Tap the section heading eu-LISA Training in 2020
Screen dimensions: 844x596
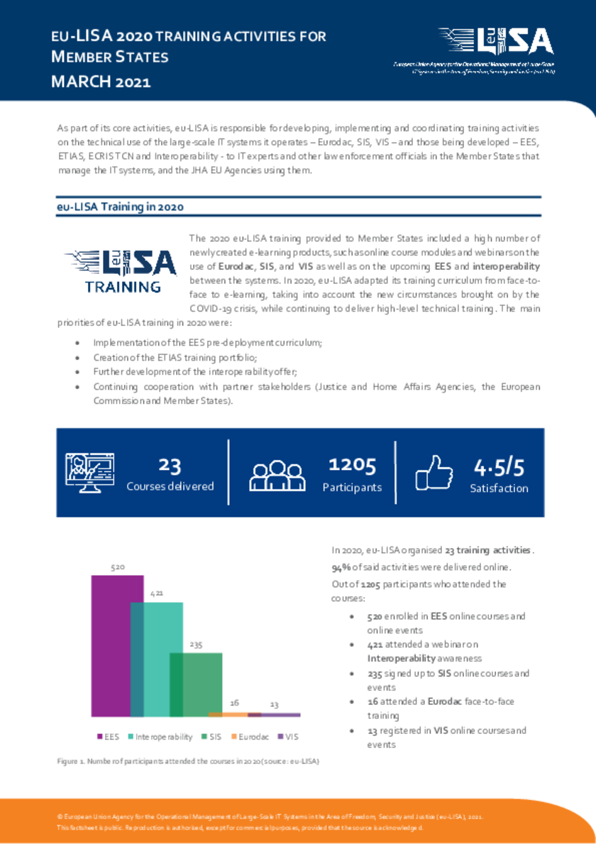(120, 207)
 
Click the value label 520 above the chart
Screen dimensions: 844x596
(117, 567)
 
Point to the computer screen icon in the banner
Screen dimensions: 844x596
(89, 471)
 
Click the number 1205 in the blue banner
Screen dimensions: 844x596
(352, 465)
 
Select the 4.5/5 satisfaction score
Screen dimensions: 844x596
(499, 467)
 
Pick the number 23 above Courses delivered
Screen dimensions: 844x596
(170, 465)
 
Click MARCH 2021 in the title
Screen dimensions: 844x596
(101, 82)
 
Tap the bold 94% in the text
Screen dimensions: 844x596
(342, 567)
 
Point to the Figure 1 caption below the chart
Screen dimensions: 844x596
(188, 761)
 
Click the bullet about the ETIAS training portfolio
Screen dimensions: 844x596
(175, 357)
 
